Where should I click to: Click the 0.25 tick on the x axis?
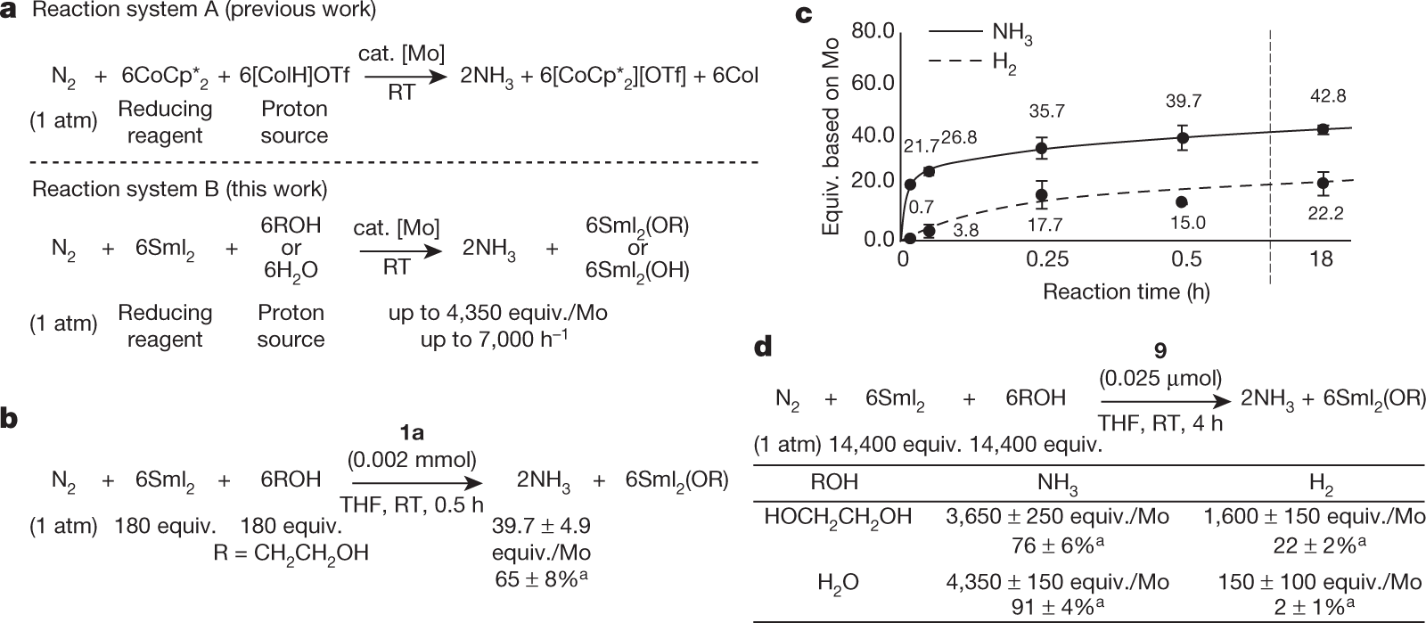[1047, 259]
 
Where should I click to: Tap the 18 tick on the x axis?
[1322, 259]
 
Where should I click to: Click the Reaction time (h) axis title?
[1127, 291]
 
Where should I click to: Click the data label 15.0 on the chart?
[1185, 223]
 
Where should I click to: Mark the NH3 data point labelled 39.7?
[1183, 137]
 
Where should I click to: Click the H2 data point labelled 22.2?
[1324, 183]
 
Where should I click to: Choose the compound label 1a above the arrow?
[411, 433]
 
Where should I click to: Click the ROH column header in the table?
[834, 482]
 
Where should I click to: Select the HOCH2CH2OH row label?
[838, 517]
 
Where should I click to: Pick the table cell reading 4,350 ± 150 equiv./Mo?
[1058, 583]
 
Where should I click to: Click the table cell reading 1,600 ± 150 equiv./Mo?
[1314, 517]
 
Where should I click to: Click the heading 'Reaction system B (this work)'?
[179, 189]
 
